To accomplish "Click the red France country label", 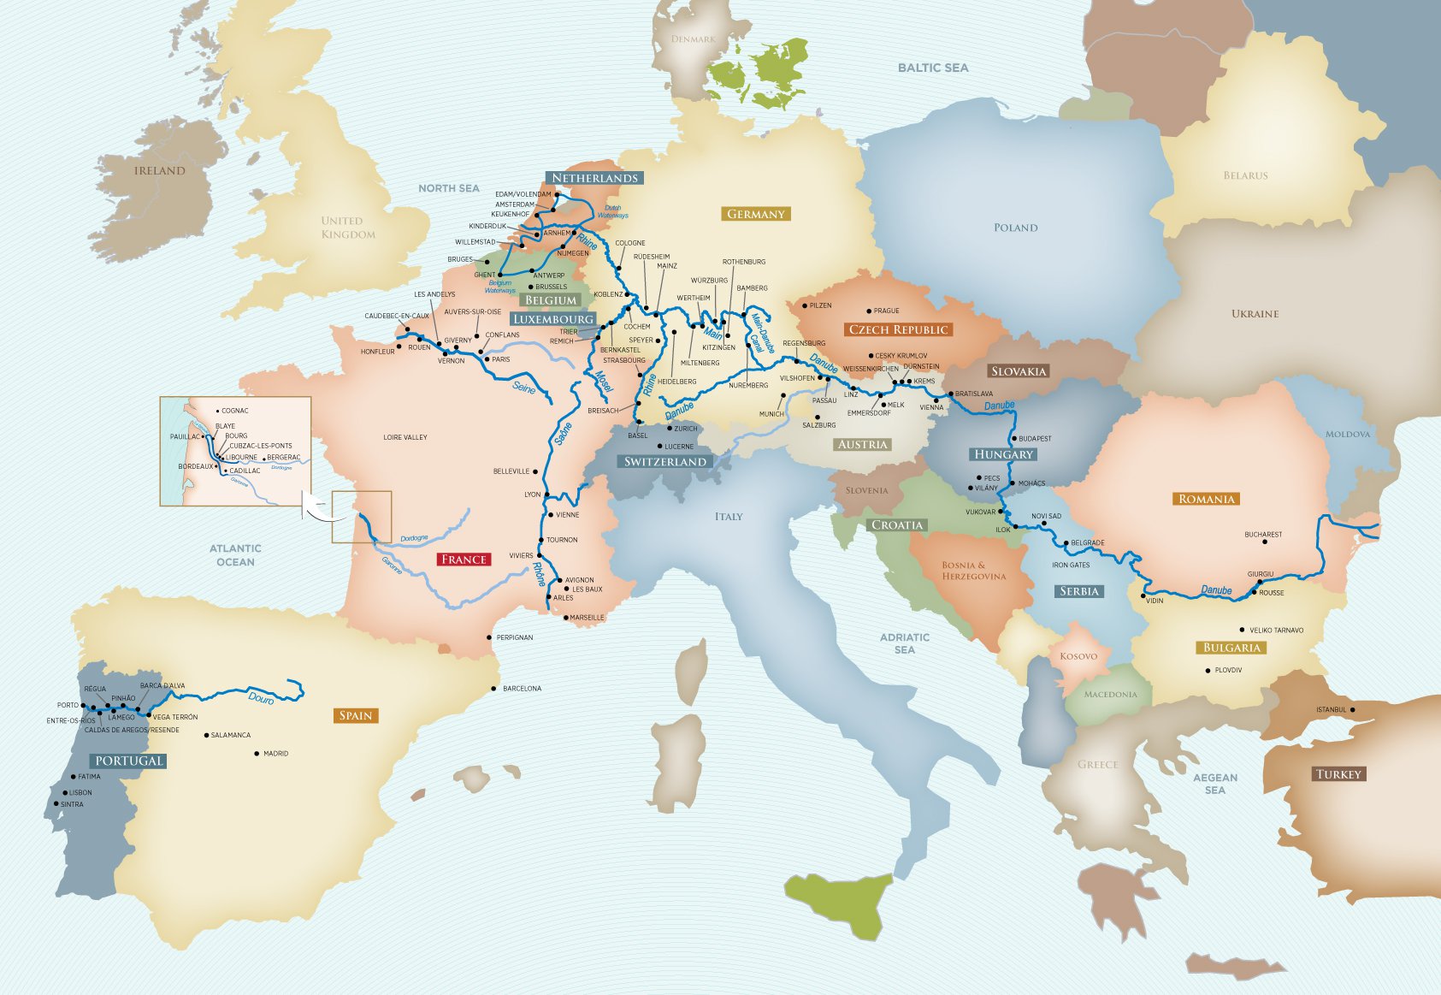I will (x=464, y=560).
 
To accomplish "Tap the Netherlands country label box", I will (x=594, y=178).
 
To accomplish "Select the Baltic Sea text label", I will (x=933, y=68).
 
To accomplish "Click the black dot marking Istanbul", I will (x=1352, y=710).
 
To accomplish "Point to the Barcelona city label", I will (x=522, y=689).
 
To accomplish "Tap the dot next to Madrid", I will (x=257, y=754).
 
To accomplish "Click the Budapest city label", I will (x=1035, y=439).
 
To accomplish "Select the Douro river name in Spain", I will (x=261, y=699).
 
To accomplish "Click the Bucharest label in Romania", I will (x=1263, y=535).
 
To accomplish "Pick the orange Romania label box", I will (x=1206, y=499).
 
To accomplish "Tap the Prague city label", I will (x=886, y=311).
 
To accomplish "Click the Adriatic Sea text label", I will (x=905, y=643).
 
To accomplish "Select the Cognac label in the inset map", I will (x=234, y=411).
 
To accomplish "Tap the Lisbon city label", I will (x=80, y=793).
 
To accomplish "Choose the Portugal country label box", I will (x=128, y=761).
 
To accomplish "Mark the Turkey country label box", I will (x=1338, y=774).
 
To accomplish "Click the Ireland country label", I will (x=159, y=171).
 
